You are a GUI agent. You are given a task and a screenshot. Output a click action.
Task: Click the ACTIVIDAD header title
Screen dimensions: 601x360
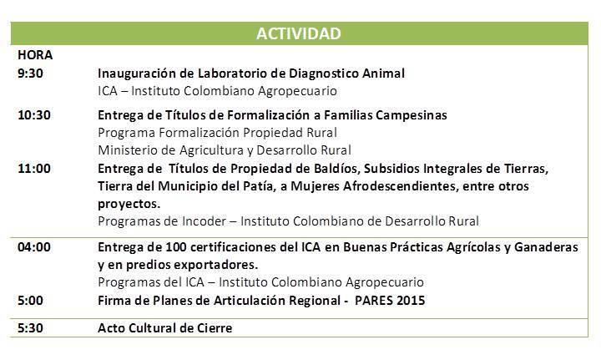(299, 33)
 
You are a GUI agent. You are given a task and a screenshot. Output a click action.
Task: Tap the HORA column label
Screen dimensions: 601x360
(35, 55)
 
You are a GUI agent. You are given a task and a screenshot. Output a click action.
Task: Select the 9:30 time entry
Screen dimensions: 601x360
(30, 73)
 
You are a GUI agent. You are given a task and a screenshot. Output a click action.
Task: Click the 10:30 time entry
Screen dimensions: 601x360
(34, 114)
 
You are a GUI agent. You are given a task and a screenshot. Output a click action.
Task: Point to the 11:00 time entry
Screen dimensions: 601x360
(34, 169)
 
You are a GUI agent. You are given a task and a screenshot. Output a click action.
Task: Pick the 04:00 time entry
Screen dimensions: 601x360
(34, 247)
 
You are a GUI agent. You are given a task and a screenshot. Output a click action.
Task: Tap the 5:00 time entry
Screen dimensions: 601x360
(30, 300)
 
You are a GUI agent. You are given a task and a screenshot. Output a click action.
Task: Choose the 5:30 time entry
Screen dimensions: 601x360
(30, 327)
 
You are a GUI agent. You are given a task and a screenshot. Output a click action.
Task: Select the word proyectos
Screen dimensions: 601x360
(129, 204)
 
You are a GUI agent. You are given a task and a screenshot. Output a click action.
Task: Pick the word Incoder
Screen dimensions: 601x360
(204, 221)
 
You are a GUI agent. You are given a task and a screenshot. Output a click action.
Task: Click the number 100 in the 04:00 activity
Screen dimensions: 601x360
(176, 247)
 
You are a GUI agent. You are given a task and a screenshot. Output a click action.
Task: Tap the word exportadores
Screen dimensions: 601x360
(216, 265)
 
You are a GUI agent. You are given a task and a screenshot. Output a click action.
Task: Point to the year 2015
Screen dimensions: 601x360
(411, 300)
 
